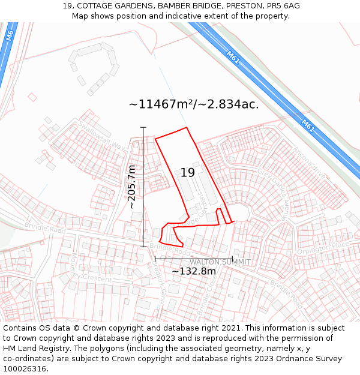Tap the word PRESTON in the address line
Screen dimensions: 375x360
click(x=241, y=6)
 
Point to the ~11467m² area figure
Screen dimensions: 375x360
click(x=160, y=104)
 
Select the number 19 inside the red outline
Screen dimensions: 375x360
click(x=187, y=173)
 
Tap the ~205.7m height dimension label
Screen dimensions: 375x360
click(x=132, y=187)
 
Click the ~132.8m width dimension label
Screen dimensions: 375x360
click(x=193, y=271)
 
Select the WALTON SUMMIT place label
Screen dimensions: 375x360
click(x=220, y=262)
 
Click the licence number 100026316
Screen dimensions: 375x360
click(x=25, y=368)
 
